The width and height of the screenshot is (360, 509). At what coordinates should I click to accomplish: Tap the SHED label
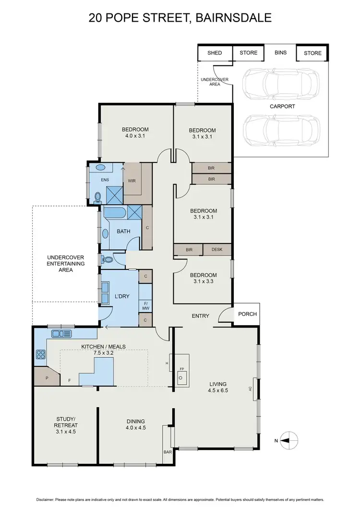[x=215, y=53]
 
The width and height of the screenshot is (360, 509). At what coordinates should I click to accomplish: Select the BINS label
[x=280, y=52]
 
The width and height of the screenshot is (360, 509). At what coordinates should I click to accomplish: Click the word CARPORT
[x=282, y=106]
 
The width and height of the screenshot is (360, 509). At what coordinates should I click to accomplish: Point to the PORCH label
[x=247, y=315]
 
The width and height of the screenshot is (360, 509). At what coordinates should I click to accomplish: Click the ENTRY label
[x=201, y=315]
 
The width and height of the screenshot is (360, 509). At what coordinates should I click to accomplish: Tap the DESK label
[x=217, y=250]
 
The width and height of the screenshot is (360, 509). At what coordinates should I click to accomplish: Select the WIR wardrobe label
[x=131, y=181]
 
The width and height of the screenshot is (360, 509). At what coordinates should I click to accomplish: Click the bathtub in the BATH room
[x=115, y=212]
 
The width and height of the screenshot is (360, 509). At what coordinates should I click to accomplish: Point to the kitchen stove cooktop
[x=40, y=355]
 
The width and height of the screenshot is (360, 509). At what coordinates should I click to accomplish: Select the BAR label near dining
[x=168, y=452]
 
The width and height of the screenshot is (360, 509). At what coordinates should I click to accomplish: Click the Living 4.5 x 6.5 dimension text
[x=218, y=390]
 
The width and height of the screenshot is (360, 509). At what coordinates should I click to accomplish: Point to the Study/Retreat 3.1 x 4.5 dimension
[x=66, y=432]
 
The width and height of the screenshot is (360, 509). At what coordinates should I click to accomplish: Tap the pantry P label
[x=47, y=378]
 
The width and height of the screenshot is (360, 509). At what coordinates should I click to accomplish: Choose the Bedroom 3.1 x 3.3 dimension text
[x=203, y=282]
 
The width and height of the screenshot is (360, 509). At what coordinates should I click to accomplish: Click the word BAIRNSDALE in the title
[x=233, y=18]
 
